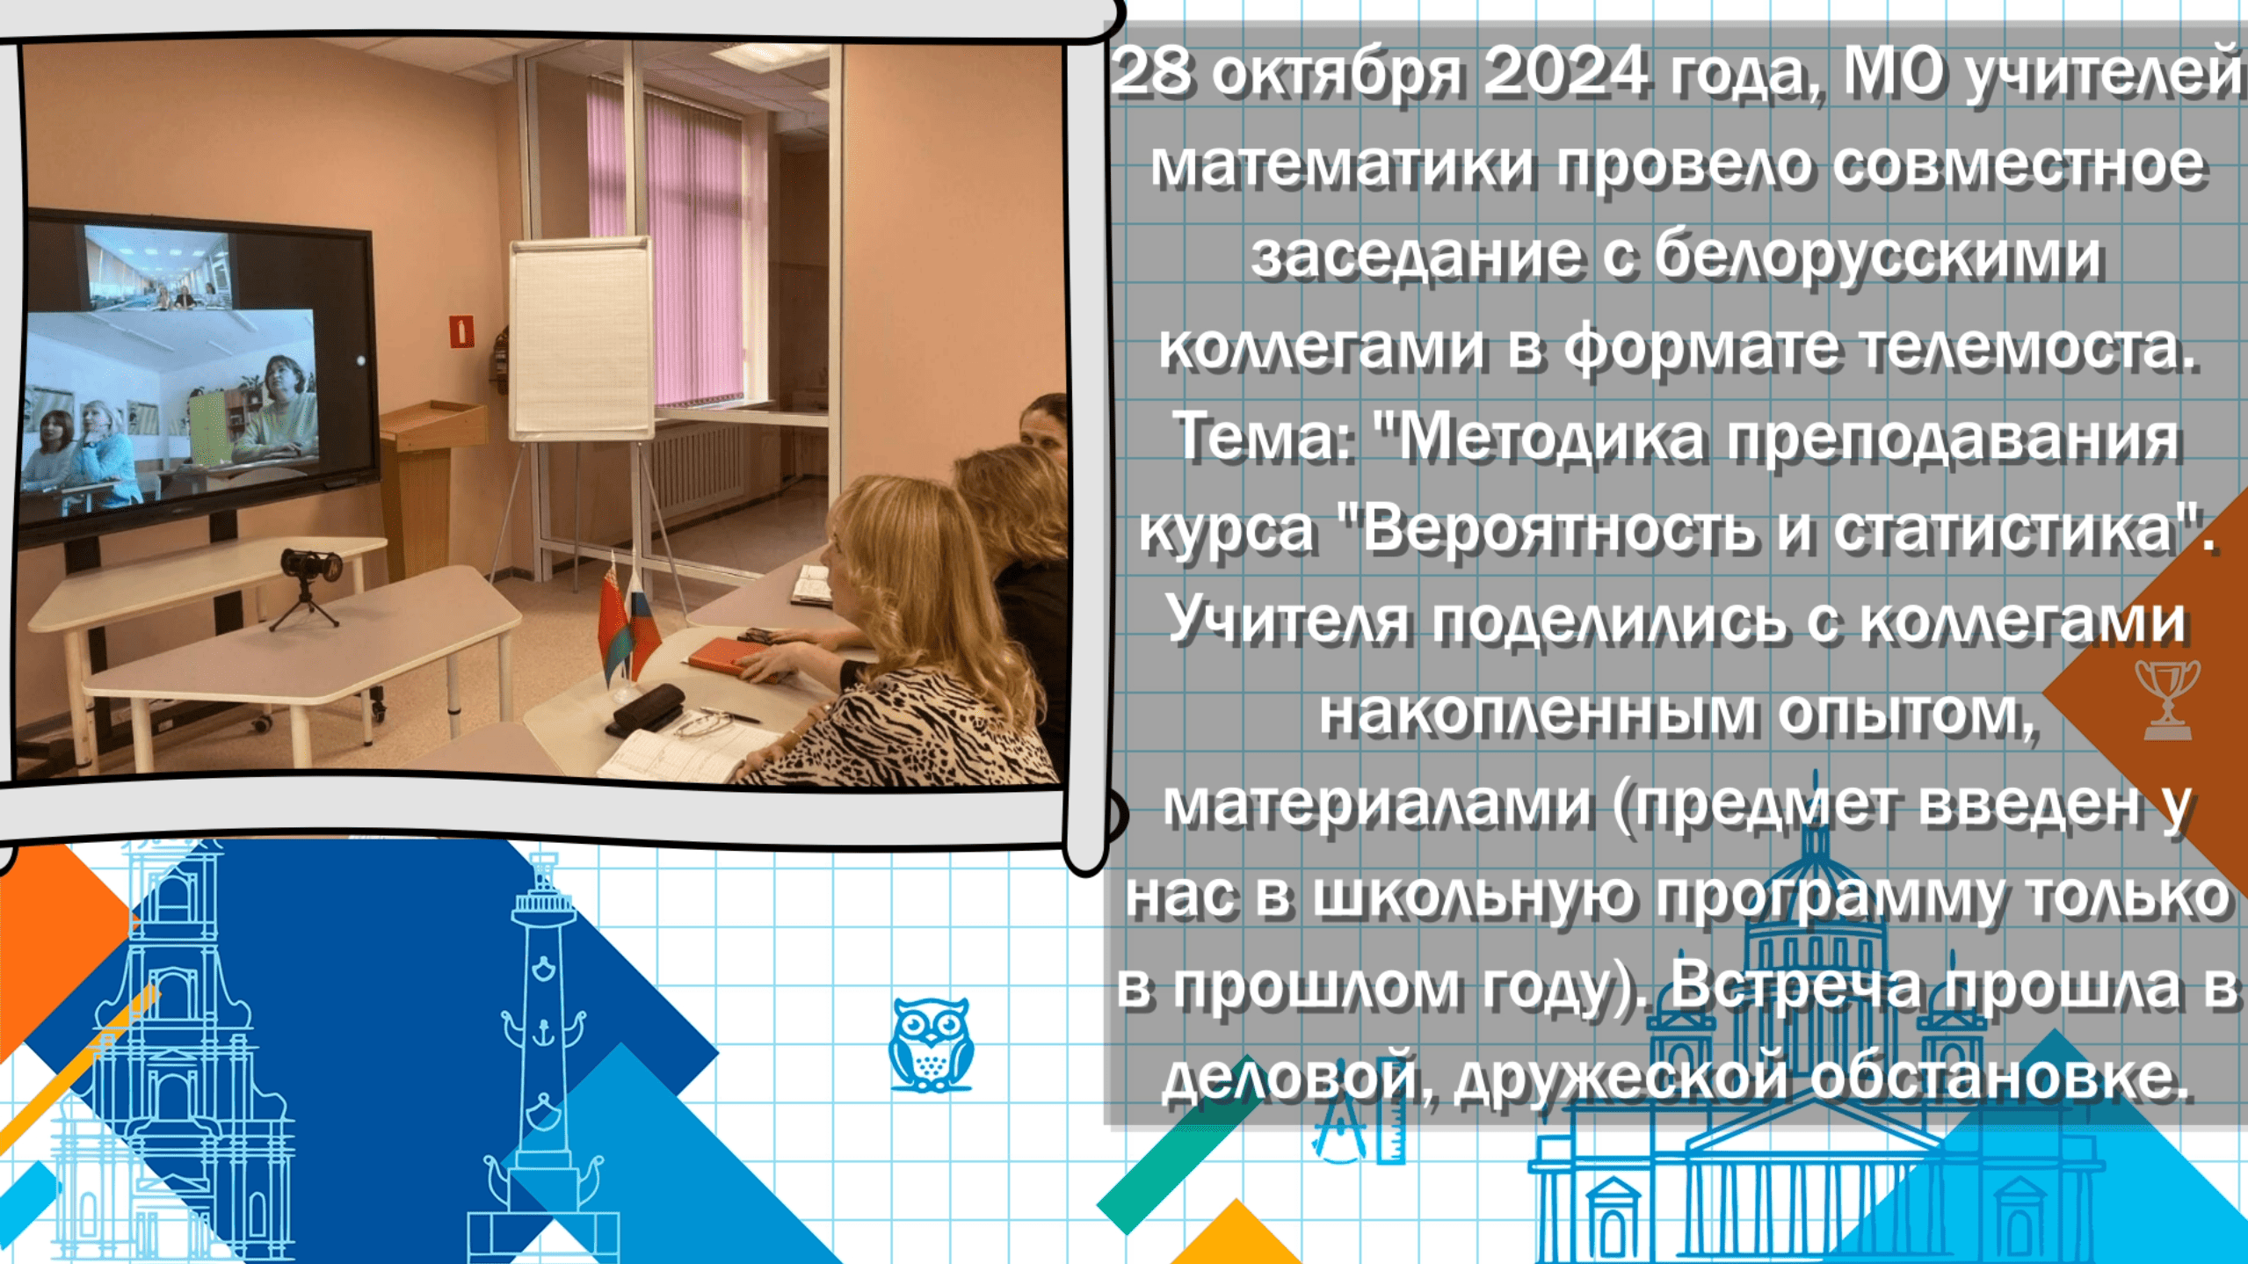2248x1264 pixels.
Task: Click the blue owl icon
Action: pos(931,1044)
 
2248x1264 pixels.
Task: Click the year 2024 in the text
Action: pos(1565,72)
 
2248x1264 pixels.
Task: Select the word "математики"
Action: pos(1343,164)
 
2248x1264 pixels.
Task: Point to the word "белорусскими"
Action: pos(1878,256)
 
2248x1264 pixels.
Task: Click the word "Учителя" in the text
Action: pos(1288,621)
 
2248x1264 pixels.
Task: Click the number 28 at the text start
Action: pos(1151,72)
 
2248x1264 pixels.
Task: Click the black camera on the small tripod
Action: pos(311,565)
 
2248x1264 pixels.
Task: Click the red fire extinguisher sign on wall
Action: pos(462,331)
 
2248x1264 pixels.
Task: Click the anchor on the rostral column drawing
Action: pos(542,1030)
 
